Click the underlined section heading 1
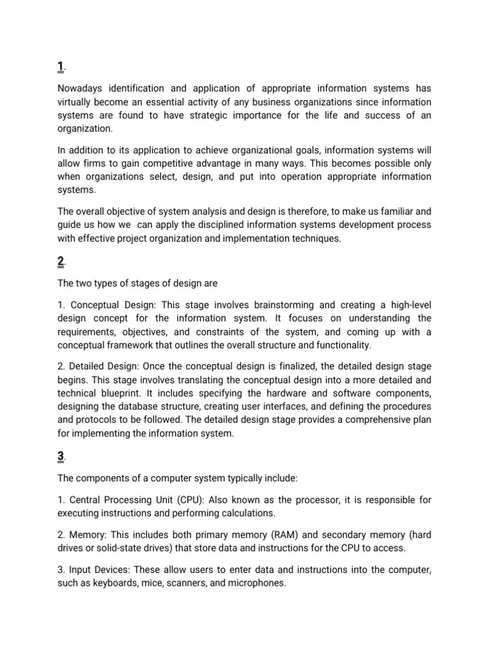pos(60,67)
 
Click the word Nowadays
pos(81,89)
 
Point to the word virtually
pos(76,103)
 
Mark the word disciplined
pos(209,225)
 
